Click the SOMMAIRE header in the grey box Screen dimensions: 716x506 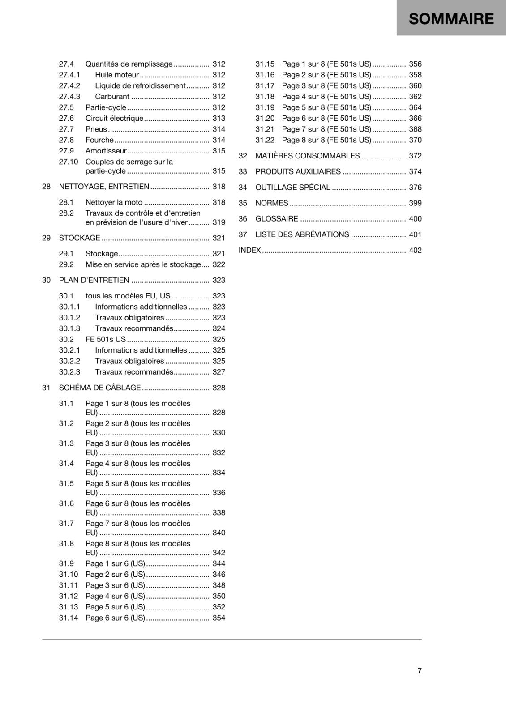click(451, 19)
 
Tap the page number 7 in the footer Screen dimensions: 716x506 click(419, 670)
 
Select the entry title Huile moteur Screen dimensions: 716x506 click(117, 75)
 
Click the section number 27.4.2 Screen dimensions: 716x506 click(69, 85)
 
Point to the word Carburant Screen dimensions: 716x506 click(112, 97)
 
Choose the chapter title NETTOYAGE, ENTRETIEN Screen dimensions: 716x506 click(104, 187)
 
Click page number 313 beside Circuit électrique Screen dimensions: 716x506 click(219, 118)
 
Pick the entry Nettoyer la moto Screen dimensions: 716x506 click(114, 202)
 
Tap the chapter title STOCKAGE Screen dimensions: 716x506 click(79, 238)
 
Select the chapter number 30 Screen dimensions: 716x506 click(46, 280)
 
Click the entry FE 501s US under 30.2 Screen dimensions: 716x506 click(106, 339)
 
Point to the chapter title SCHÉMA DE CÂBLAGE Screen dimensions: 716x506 click(100, 388)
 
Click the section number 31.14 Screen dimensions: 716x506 click(68, 618)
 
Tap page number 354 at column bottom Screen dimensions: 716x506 click(219, 618)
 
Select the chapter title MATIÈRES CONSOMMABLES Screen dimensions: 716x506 click(307, 156)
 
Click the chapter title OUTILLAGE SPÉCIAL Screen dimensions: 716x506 click(292, 188)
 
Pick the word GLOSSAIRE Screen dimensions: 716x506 click(276, 219)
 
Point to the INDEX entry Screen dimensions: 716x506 click(249, 250)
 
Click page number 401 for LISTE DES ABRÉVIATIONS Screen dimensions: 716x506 click(415, 234)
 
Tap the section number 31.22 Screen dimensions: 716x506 click(265, 140)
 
